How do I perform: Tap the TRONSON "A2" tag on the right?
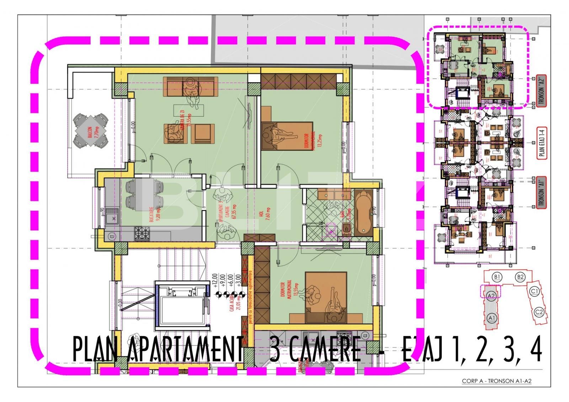[x=542, y=90]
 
